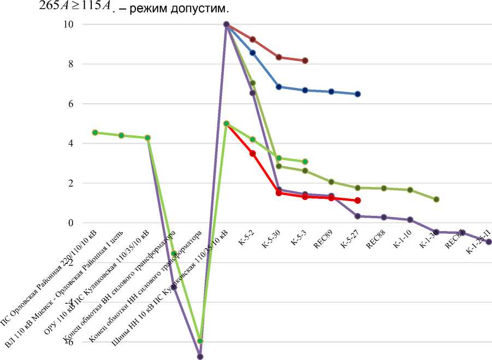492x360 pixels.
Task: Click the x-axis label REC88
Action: tap(376, 241)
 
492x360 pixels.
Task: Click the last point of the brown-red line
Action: tap(305, 61)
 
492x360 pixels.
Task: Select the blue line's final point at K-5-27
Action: tap(358, 94)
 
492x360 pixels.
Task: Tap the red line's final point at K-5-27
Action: tap(358, 200)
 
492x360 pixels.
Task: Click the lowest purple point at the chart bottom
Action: tap(200, 357)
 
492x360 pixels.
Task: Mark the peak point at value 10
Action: tap(226, 25)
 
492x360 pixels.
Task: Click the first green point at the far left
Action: tap(95, 132)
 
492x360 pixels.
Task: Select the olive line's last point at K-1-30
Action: tap(436, 199)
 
